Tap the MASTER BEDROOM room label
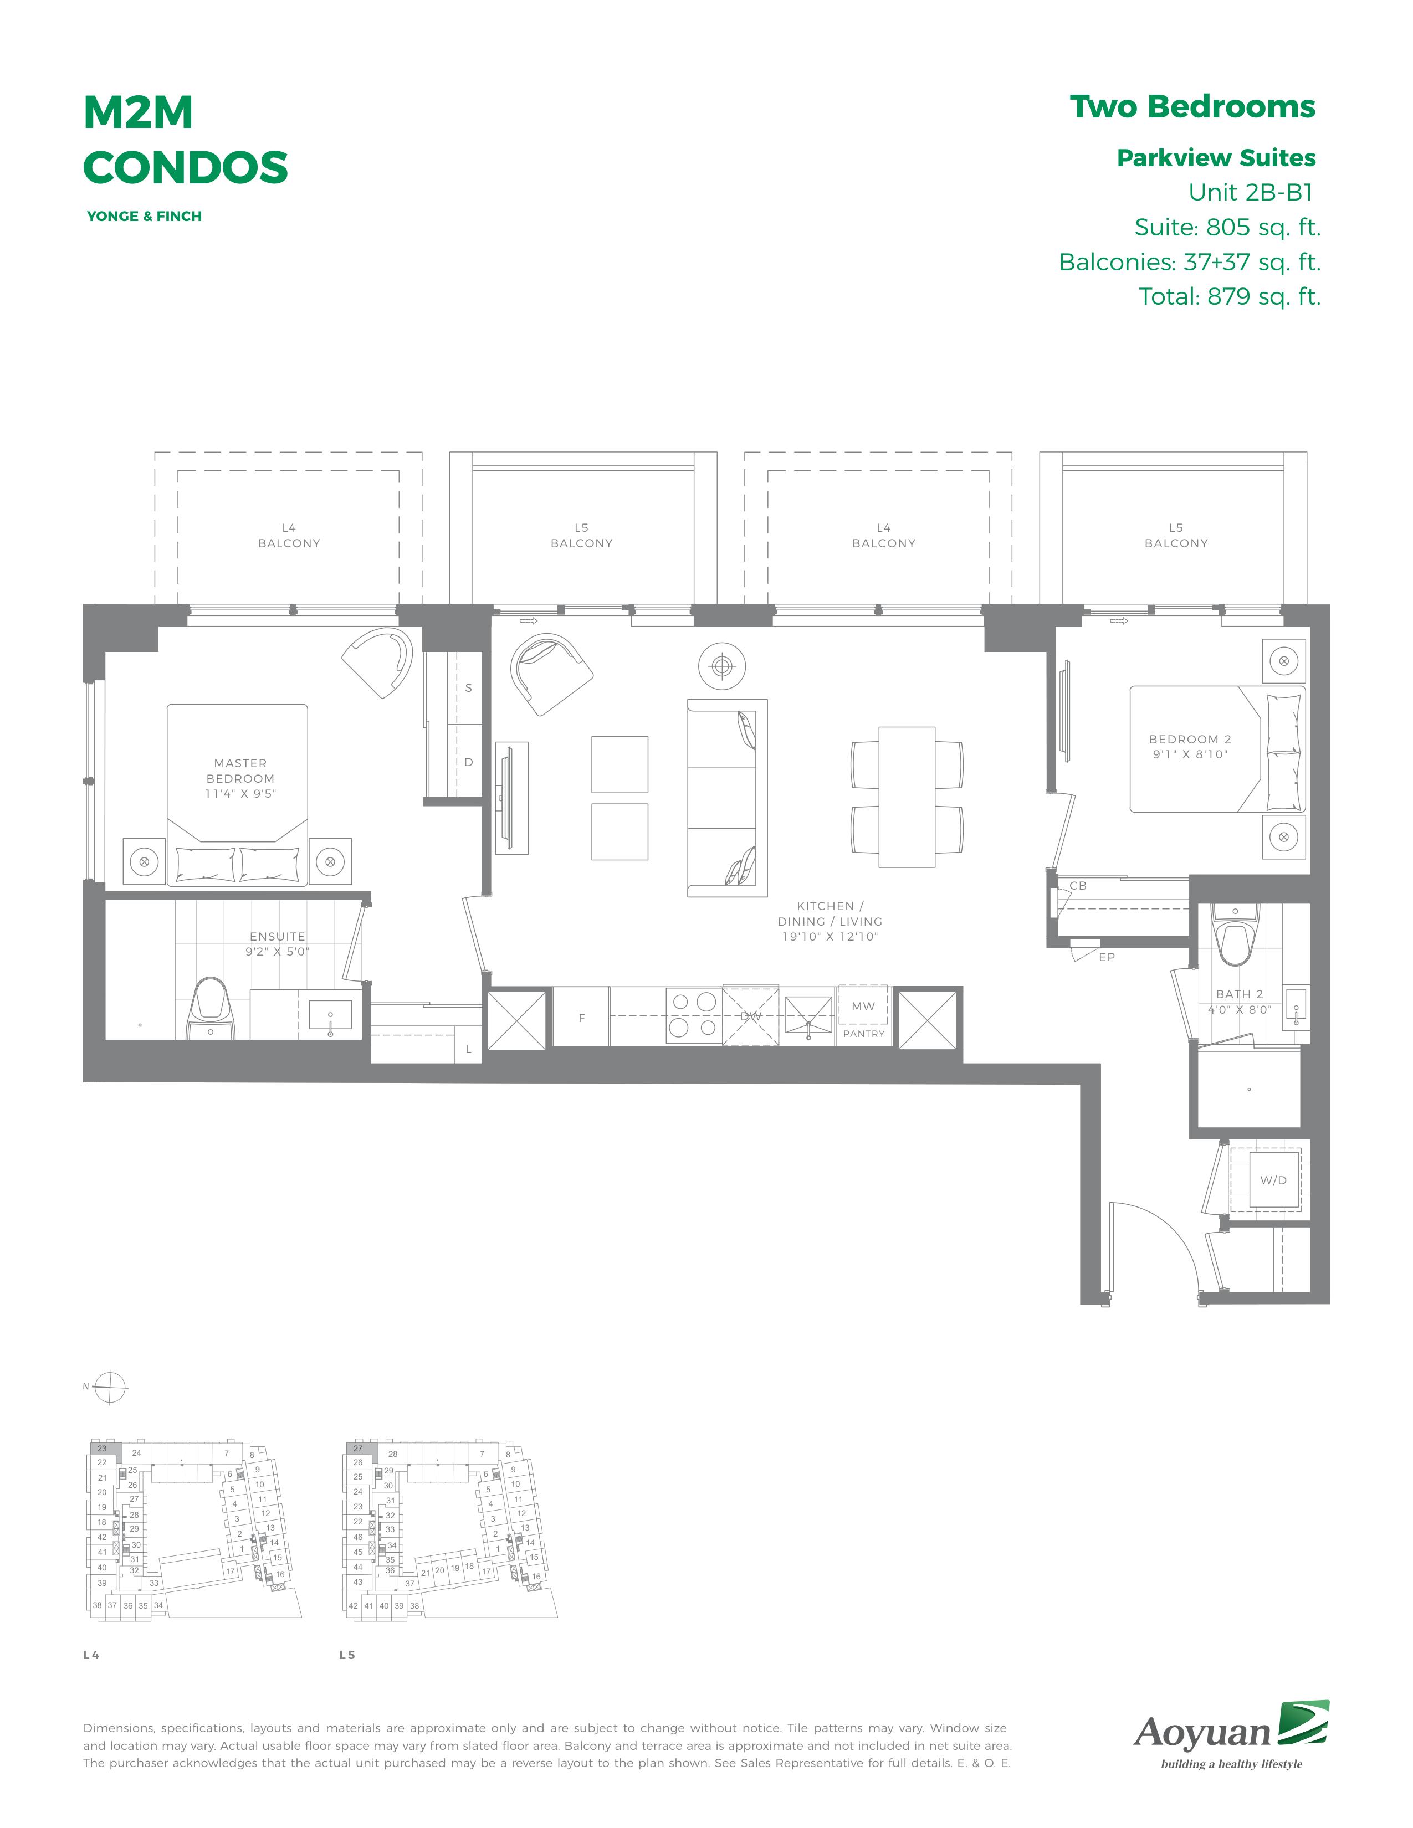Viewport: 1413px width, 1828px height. [240, 771]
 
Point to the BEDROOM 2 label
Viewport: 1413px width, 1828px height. [1190, 739]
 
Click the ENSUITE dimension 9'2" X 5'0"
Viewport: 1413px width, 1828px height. [277, 952]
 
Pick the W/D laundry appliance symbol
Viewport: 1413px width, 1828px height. [1273, 1180]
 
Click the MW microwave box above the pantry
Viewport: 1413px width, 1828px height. [863, 1005]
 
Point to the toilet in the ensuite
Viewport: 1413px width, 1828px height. [210, 1009]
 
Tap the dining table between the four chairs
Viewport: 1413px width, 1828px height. [907, 797]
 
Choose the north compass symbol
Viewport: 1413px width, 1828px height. [110, 1387]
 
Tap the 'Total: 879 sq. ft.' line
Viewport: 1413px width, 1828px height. [1230, 296]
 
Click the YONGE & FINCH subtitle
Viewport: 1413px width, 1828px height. [144, 216]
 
